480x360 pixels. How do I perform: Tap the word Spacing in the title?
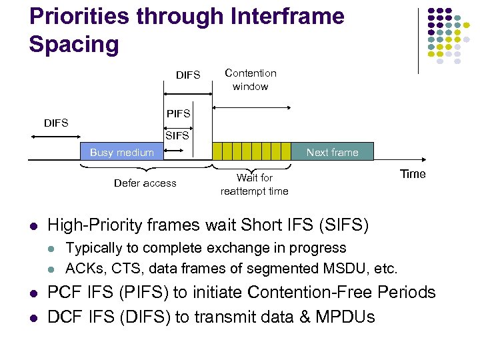[x=74, y=45]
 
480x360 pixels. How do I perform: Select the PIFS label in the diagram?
[x=178, y=114]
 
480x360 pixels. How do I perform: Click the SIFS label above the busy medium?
[x=177, y=135]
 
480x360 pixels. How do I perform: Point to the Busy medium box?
[x=121, y=153]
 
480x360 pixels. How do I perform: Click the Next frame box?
[x=332, y=153]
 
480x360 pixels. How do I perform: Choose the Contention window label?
[x=250, y=79]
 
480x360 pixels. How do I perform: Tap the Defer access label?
[x=145, y=183]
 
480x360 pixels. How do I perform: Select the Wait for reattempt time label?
[x=254, y=184]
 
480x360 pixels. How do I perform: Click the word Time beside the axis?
[x=412, y=174]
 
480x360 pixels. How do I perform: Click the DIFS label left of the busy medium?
[x=55, y=123]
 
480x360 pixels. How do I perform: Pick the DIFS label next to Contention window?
[x=188, y=75]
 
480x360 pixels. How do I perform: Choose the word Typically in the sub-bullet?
[x=95, y=248]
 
